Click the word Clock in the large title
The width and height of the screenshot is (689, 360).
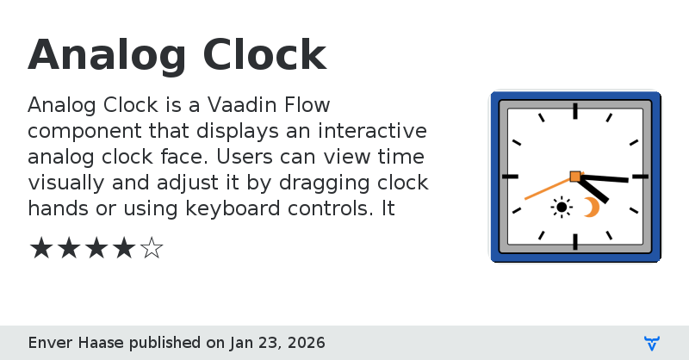click(x=264, y=57)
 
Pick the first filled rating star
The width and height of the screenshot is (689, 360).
click(x=41, y=249)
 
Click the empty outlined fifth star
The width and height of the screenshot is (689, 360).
click(x=152, y=249)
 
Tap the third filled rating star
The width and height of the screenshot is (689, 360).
click(x=96, y=249)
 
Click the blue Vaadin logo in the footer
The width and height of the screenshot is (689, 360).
click(x=652, y=343)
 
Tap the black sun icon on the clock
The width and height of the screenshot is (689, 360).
click(x=562, y=207)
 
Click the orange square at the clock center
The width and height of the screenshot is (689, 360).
click(x=575, y=177)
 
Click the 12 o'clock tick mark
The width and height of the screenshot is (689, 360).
click(x=575, y=111)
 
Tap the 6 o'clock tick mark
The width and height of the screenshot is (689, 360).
click(x=575, y=241)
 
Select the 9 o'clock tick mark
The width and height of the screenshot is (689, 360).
click(x=510, y=177)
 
